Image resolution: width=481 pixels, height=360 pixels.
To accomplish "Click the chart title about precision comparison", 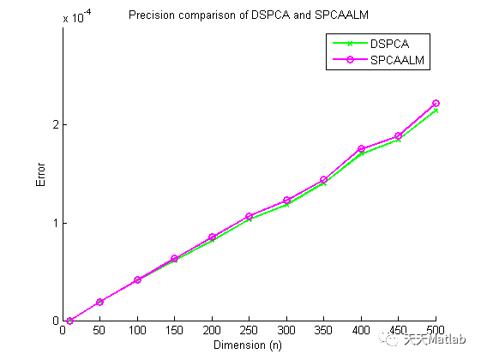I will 250,15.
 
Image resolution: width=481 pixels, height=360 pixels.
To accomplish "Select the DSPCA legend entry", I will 389,43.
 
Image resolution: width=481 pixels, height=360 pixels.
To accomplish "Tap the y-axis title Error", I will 40,175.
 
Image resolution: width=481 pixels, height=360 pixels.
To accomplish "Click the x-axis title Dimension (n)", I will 249,345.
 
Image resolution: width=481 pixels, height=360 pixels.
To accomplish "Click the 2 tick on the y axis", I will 54,125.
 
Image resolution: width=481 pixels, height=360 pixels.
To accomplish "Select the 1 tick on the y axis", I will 54,223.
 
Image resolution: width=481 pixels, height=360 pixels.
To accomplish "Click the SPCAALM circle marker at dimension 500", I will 436,104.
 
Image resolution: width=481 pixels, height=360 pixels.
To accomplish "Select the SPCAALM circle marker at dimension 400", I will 361,149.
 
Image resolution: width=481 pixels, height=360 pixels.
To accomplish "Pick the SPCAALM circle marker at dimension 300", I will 286,201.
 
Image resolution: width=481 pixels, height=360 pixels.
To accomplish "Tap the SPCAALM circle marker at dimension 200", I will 212,237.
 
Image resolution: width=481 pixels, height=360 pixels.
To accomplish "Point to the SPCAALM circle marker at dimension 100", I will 137,280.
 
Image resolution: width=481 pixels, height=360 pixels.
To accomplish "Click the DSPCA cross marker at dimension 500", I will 436,111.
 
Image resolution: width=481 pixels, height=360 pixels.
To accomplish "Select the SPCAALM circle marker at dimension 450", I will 399,136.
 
